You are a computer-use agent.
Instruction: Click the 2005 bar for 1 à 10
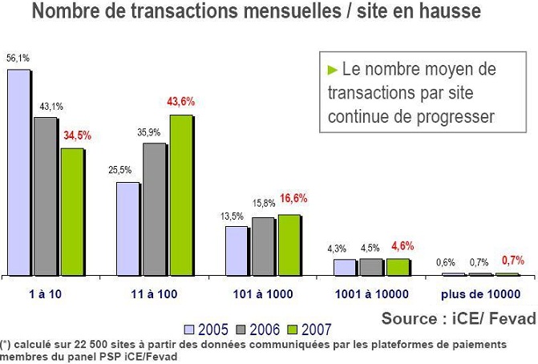coord(19,172)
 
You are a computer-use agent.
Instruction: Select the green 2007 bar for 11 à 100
coord(181,195)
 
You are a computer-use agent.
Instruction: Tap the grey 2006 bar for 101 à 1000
coord(263,246)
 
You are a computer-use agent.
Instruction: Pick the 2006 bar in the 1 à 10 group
coord(46,196)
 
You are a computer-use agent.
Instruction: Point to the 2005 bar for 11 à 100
coord(128,229)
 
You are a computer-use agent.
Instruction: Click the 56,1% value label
coord(18,59)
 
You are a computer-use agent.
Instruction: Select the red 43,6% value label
coord(180,102)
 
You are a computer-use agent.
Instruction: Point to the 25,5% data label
coord(120,170)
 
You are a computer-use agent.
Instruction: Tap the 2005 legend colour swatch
coord(189,329)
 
